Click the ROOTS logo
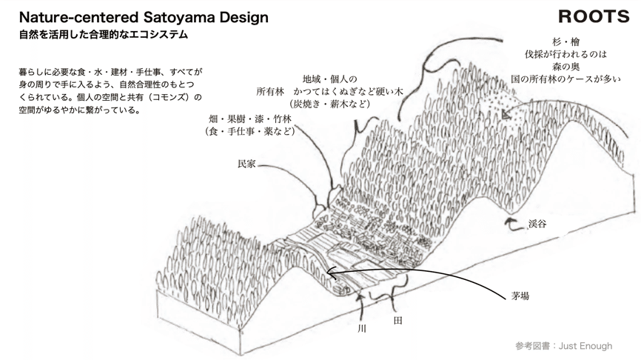point(594,16)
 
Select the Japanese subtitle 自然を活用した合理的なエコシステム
point(104,35)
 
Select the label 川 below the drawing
point(362,327)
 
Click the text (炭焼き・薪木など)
point(329,104)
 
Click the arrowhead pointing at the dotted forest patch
point(506,116)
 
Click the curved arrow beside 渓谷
point(511,221)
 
